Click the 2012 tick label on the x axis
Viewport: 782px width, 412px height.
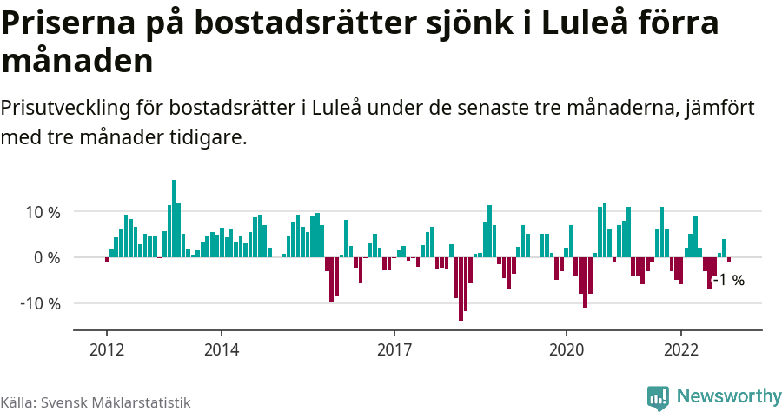pyautogui.click(x=106, y=349)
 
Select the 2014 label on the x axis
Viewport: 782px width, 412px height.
pyautogui.click(x=222, y=349)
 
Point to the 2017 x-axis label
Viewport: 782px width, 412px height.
pyautogui.click(x=394, y=349)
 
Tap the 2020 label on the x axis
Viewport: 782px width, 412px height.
pyautogui.click(x=567, y=349)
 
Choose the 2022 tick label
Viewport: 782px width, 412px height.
pyautogui.click(x=681, y=349)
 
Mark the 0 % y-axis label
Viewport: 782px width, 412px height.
pyautogui.click(x=47, y=258)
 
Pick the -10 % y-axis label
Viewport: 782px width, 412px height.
pyautogui.click(x=40, y=304)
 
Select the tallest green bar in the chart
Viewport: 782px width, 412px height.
pyautogui.click(x=174, y=218)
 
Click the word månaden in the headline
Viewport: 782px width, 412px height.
pyautogui.click(x=78, y=62)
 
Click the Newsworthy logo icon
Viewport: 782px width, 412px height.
pyautogui.click(x=659, y=397)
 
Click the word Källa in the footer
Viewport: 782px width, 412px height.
pyautogui.click(x=18, y=402)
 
